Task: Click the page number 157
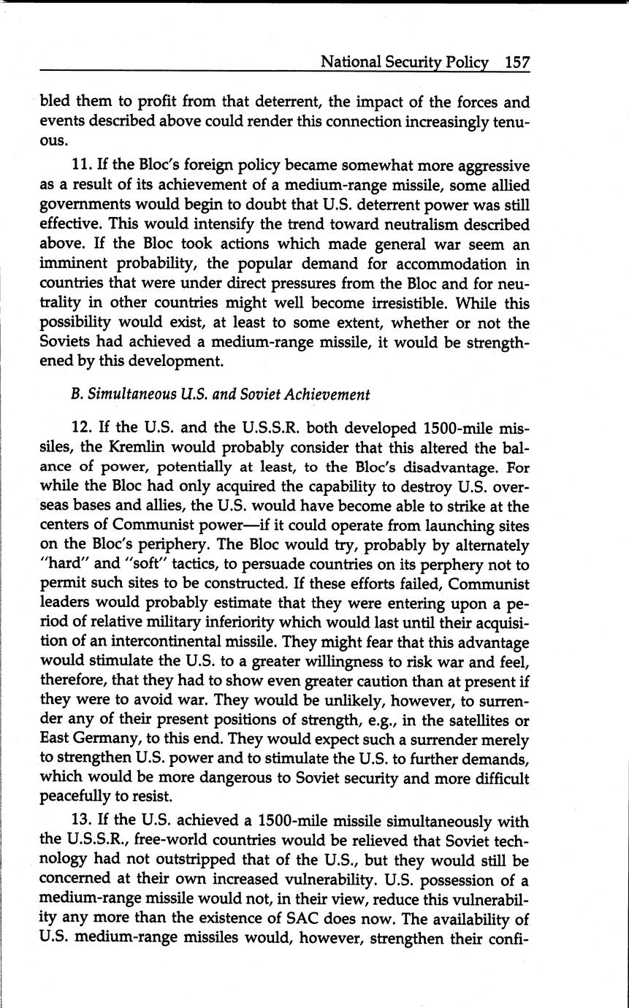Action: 516,62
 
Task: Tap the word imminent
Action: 70,264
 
